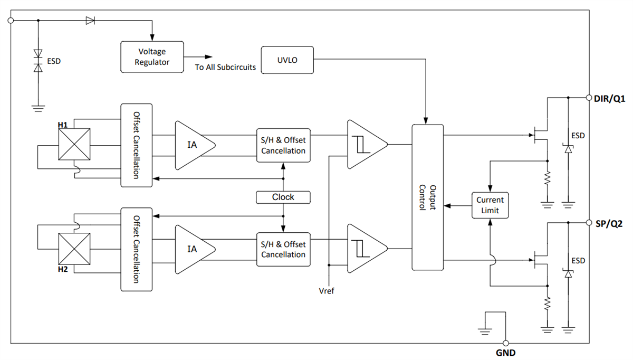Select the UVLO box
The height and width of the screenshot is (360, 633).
[287, 60]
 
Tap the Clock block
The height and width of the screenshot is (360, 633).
[283, 197]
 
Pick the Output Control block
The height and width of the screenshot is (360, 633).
[427, 197]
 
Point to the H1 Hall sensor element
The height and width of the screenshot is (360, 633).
[73, 144]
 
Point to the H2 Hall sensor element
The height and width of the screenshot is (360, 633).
[73, 248]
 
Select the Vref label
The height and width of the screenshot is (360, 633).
[327, 291]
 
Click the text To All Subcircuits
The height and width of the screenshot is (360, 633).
[225, 68]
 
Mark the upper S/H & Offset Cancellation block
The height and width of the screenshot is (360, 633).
[283, 145]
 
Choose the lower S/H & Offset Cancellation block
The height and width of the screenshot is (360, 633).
[283, 249]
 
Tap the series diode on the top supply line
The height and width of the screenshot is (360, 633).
[90, 21]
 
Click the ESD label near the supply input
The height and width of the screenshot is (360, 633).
[54, 61]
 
